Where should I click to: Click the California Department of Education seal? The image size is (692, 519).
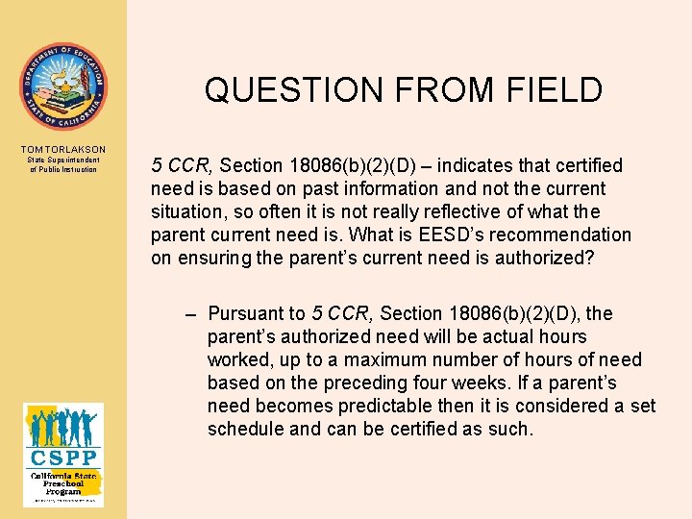pos(63,86)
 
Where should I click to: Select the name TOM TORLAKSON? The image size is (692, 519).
pos(63,150)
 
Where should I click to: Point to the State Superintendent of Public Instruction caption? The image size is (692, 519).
pos(63,164)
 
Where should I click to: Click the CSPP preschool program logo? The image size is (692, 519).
pos(63,454)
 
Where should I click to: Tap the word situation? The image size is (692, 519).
pos(188,212)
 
